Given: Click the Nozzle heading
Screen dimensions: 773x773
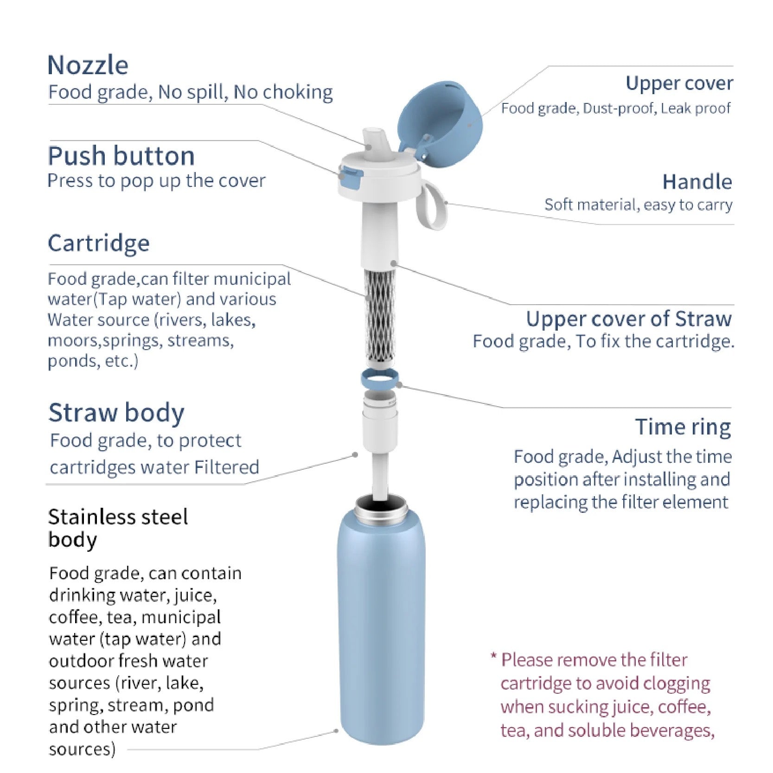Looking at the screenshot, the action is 88,65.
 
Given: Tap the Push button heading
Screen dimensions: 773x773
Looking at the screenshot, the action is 121,156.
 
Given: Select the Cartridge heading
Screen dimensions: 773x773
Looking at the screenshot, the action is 99,243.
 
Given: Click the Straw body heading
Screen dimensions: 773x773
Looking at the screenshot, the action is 116,413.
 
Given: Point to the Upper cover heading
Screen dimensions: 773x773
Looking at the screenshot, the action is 679,84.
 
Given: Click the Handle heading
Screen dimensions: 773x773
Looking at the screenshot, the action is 697,182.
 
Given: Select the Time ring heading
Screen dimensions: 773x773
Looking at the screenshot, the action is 683,428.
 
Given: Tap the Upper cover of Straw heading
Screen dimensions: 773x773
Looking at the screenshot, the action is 629,319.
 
